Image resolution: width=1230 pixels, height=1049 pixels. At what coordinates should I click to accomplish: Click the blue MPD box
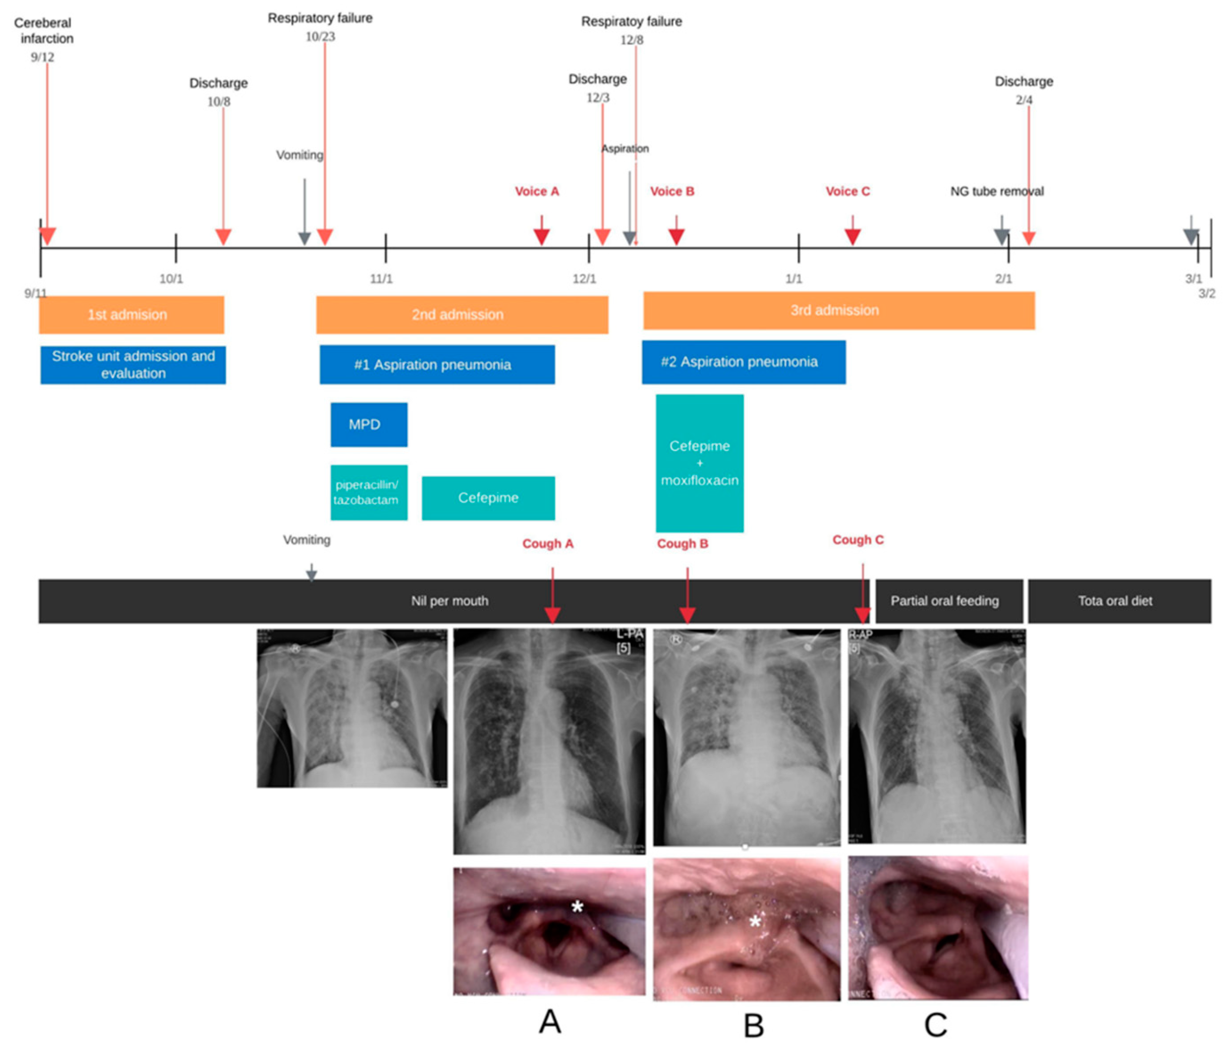[369, 424]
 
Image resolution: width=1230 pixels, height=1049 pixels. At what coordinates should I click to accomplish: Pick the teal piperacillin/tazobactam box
[369, 492]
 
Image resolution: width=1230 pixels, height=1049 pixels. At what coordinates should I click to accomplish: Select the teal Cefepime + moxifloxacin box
[699, 463]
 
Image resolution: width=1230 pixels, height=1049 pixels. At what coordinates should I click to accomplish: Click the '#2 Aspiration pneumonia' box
[743, 362]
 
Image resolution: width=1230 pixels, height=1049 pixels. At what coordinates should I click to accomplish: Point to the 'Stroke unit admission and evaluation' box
[133, 364]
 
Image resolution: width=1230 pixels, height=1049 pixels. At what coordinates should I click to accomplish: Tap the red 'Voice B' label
[671, 191]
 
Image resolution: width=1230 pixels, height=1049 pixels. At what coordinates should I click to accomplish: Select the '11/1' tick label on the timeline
[381, 278]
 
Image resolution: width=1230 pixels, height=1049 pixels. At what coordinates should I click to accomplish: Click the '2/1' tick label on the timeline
[1003, 278]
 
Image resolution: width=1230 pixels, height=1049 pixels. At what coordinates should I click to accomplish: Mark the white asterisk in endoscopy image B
[755, 922]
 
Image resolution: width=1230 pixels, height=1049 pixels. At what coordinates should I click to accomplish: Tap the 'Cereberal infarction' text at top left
[43, 30]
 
